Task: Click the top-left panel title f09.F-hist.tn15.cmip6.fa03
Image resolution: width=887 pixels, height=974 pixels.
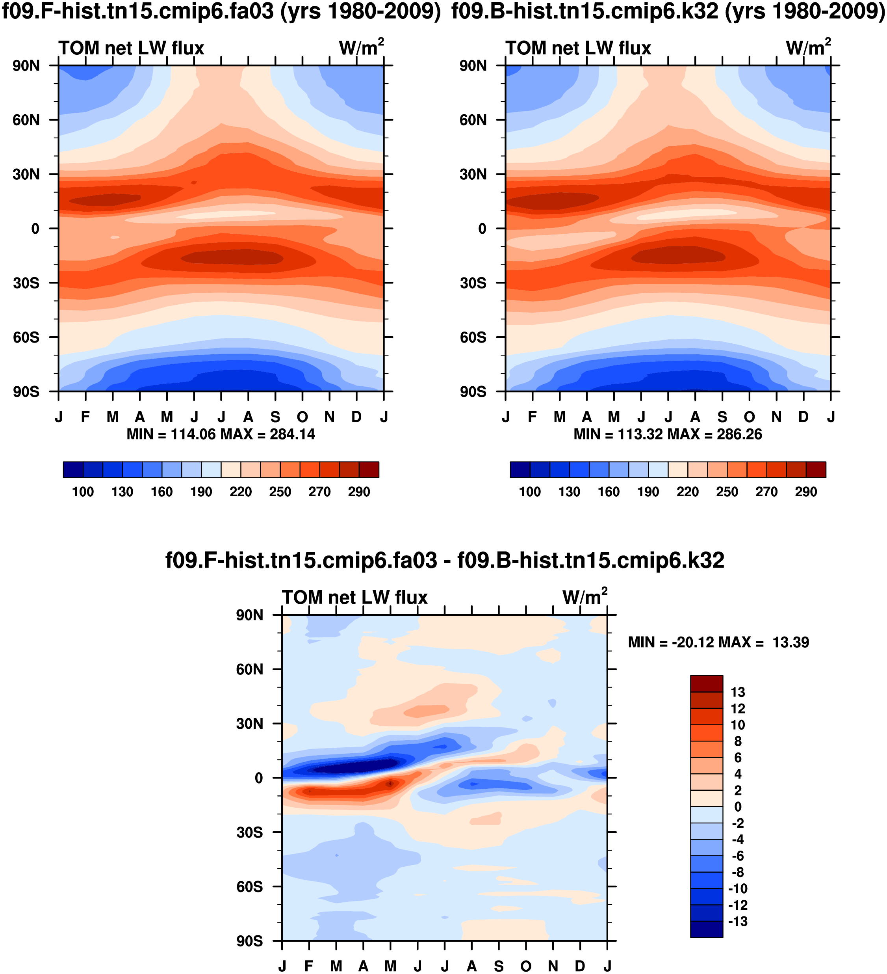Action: click(221, 11)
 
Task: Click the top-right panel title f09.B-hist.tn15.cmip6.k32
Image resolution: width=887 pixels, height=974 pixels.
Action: click(668, 11)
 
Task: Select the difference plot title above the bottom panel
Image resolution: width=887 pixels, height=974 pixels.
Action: click(444, 561)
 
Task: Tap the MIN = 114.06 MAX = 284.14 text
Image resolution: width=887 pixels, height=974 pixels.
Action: click(221, 434)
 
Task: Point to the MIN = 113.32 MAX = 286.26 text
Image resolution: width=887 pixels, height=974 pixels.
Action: click(667, 434)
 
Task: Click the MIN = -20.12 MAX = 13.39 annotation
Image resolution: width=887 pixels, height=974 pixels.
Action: click(718, 643)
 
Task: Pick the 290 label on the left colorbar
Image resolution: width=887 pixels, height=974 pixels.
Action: click(359, 492)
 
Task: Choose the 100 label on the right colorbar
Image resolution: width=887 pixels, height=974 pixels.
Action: click(530, 492)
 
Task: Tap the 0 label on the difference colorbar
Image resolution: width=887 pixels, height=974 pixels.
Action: click(738, 807)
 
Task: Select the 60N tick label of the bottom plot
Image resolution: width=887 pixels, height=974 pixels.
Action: click(250, 670)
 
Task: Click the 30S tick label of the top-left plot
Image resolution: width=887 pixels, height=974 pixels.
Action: click(26, 283)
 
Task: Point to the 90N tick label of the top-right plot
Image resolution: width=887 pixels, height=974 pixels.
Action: click(473, 66)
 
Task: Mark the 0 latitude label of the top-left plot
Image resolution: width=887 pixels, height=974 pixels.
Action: click(35, 229)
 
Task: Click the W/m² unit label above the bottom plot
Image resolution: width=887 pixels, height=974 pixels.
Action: click(584, 597)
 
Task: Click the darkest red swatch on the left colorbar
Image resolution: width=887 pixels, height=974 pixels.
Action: click(369, 469)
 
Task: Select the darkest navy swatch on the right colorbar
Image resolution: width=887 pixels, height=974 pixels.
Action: click(520, 469)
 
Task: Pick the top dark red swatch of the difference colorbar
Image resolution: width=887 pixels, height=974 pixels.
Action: click(707, 683)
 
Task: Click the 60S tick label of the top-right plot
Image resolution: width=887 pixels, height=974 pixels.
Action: click(473, 337)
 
